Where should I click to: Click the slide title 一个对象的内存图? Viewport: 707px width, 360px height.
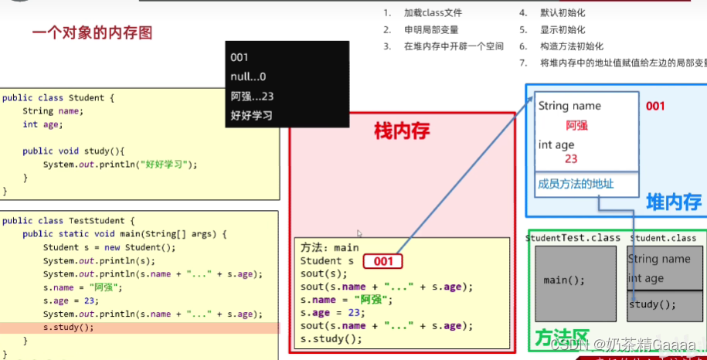[92, 33]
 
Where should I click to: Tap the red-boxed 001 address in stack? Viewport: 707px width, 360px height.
[383, 261]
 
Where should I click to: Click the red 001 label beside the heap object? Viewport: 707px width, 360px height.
[655, 106]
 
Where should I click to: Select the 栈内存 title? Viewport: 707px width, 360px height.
[402, 131]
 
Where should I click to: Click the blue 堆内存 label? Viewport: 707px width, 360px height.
[674, 202]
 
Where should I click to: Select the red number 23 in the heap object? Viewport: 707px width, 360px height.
[572, 158]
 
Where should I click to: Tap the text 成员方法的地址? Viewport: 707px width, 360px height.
[576, 184]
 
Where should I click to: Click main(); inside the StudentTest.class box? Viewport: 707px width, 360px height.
[564, 280]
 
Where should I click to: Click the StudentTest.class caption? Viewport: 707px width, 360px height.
[573, 238]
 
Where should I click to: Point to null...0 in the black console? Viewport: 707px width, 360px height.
[248, 76]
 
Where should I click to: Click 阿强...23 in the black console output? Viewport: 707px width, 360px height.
[252, 97]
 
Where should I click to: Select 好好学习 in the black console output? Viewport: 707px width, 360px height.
[252, 116]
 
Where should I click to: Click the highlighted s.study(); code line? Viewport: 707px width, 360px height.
[68, 328]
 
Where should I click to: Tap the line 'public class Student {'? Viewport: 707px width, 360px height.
[58, 98]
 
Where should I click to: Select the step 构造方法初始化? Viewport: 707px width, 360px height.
[573, 46]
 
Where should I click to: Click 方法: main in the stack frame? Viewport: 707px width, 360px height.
[330, 248]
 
